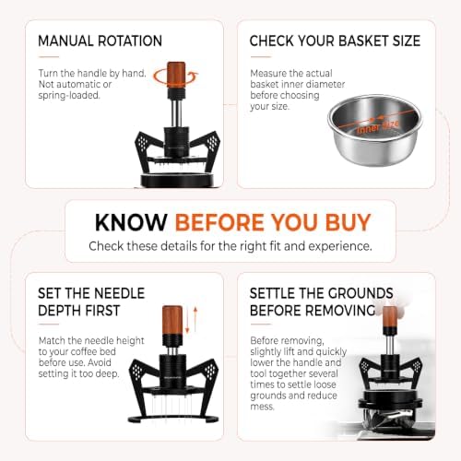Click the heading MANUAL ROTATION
click(x=100, y=41)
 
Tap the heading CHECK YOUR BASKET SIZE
click(x=335, y=41)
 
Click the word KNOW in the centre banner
click(x=131, y=222)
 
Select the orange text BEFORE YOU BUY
click(x=273, y=222)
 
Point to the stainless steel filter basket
click(x=375, y=130)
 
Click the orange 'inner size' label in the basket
click(x=378, y=126)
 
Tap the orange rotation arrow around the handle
click(x=176, y=77)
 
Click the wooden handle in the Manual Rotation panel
click(x=176, y=75)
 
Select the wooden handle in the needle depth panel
click(x=172, y=321)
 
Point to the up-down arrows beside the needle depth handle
click(x=191, y=320)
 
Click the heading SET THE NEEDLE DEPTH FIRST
click(x=91, y=301)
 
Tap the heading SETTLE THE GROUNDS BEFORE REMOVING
click(x=321, y=301)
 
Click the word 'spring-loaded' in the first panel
click(x=69, y=95)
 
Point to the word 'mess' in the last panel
click(x=262, y=407)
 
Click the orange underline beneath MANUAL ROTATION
click(x=49, y=57)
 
